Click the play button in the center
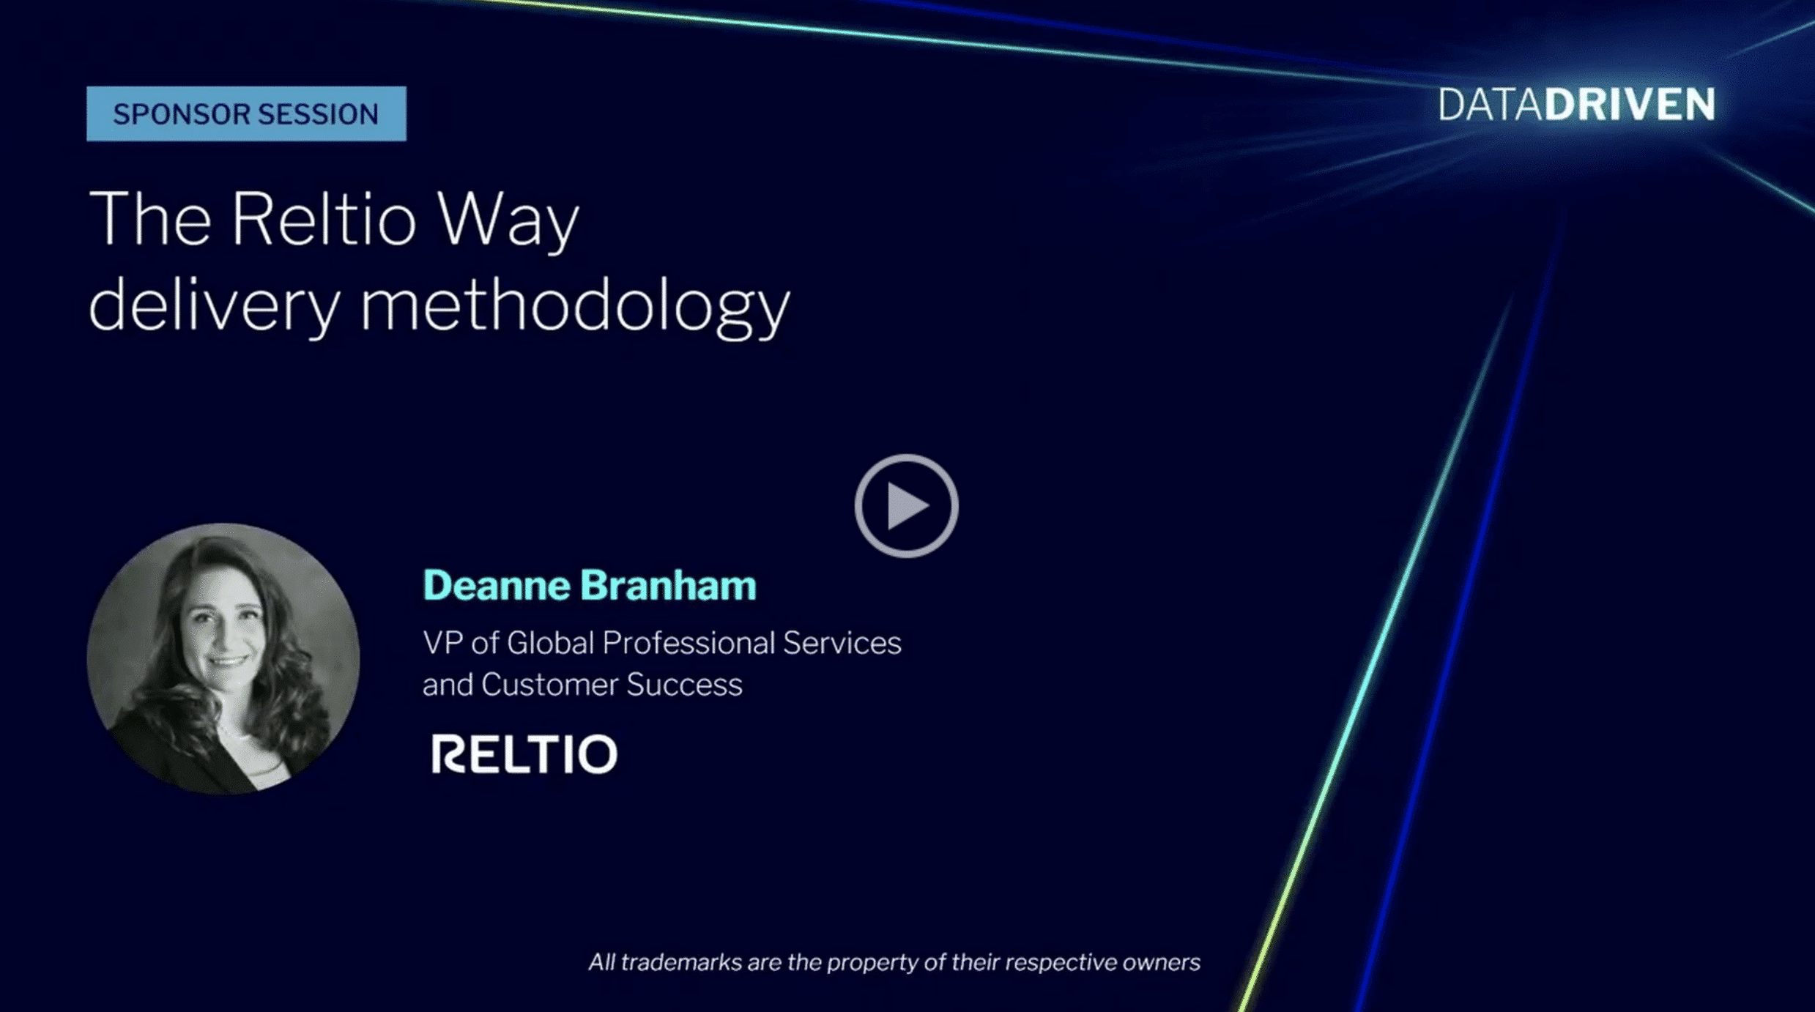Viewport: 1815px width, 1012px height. pyautogui.click(x=906, y=506)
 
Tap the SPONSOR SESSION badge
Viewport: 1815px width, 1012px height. pyautogui.click(x=246, y=114)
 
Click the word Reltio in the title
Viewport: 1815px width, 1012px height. pyautogui.click(x=324, y=219)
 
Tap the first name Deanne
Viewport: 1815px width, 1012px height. pyautogui.click(x=497, y=586)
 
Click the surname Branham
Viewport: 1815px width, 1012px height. pyautogui.click(x=668, y=586)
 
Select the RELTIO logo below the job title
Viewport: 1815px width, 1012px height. pyautogui.click(x=524, y=754)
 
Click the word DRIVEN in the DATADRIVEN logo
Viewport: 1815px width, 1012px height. pyautogui.click(x=1630, y=105)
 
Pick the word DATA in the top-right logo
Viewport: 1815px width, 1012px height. pyautogui.click(x=1491, y=105)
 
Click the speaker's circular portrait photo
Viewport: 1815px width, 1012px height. pyautogui.click(x=223, y=658)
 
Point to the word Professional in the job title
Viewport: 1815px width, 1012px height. pyautogui.click(x=688, y=643)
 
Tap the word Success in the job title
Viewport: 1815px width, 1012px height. pyautogui.click(x=684, y=685)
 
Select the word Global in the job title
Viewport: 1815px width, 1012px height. pyautogui.click(x=550, y=643)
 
